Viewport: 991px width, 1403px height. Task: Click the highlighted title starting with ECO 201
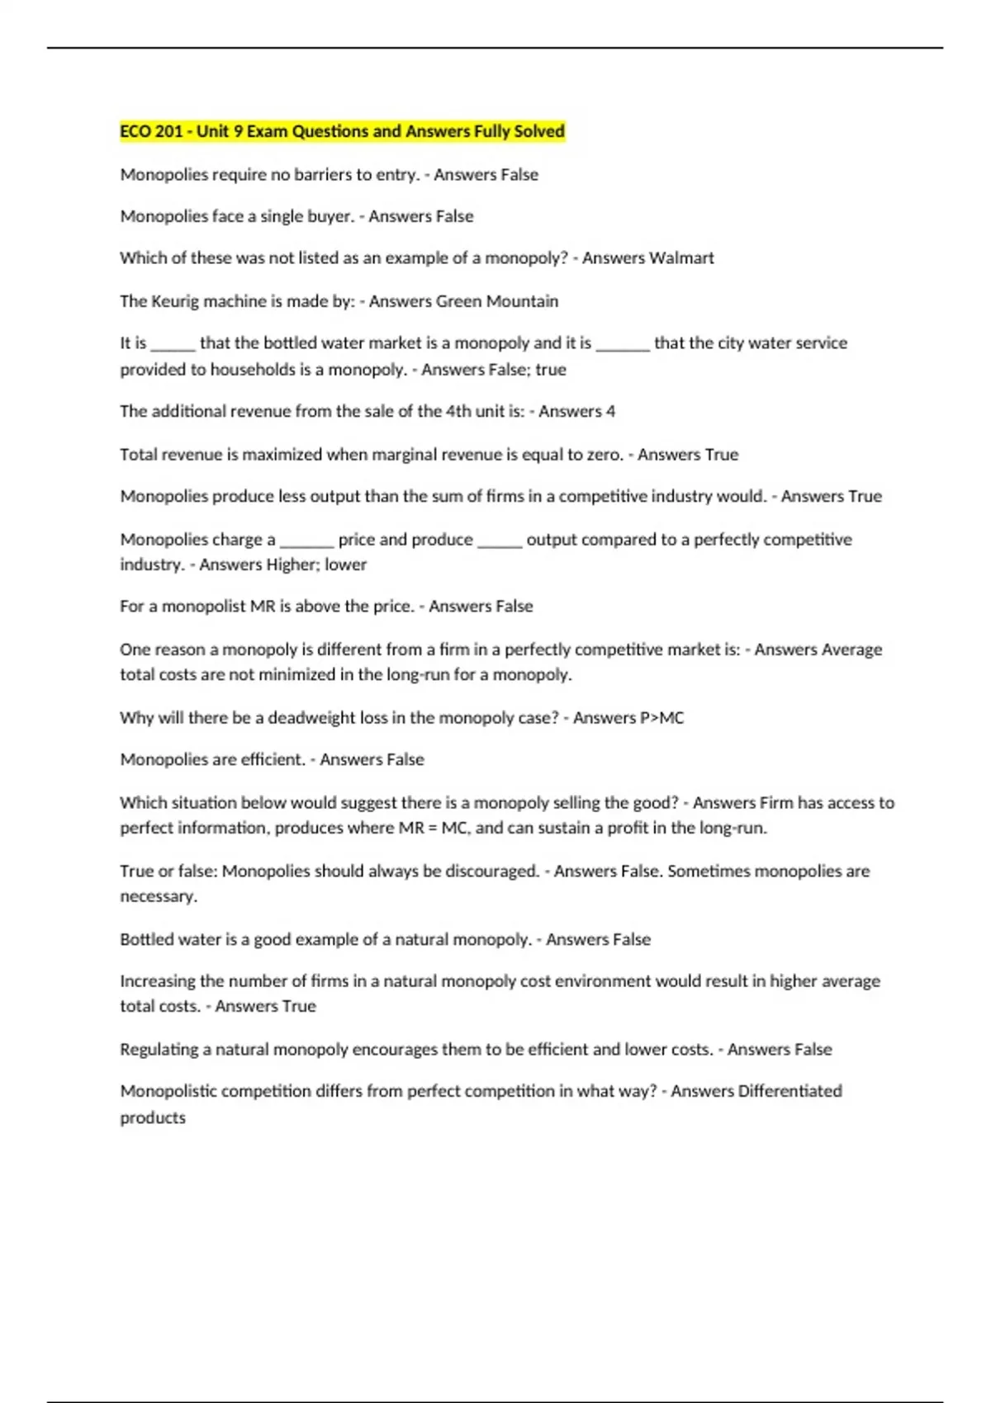point(342,131)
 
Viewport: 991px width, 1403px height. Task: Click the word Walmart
point(681,258)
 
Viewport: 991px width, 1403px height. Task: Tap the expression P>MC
point(661,718)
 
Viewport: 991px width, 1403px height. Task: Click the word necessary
point(159,896)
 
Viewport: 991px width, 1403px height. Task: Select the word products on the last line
point(153,1118)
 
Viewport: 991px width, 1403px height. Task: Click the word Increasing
point(157,981)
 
